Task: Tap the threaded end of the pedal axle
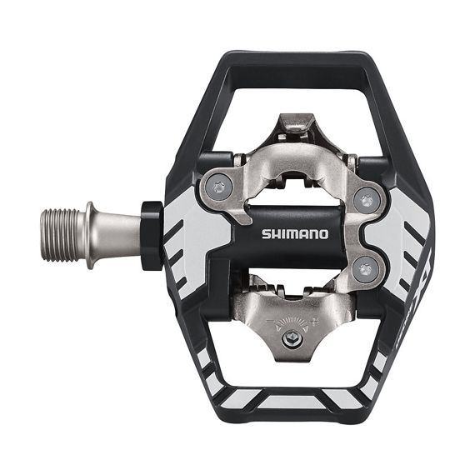point(62,236)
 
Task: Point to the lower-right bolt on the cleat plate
point(363,268)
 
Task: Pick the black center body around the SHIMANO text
point(250,250)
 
